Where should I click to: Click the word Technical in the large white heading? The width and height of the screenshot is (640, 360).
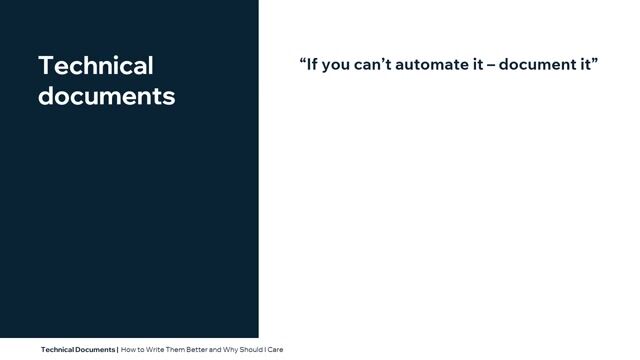point(96,66)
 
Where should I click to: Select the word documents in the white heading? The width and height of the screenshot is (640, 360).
point(106,97)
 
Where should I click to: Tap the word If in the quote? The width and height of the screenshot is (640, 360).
point(312,65)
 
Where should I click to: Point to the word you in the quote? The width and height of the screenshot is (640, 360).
point(337,66)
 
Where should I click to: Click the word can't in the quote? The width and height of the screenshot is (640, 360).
point(376,65)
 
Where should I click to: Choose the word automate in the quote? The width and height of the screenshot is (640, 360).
point(435,65)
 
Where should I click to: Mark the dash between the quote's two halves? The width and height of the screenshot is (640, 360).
point(490,66)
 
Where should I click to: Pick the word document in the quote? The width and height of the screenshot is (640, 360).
point(535,65)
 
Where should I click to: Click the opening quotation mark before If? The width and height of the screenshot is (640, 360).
point(302,62)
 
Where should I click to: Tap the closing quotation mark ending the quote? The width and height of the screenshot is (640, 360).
point(594,62)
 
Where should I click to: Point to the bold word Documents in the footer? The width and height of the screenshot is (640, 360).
point(96,350)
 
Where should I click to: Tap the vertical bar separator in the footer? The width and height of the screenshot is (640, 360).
point(117,350)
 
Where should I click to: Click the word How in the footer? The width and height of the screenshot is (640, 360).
point(129,350)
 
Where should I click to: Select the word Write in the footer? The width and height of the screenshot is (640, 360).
point(154,350)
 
